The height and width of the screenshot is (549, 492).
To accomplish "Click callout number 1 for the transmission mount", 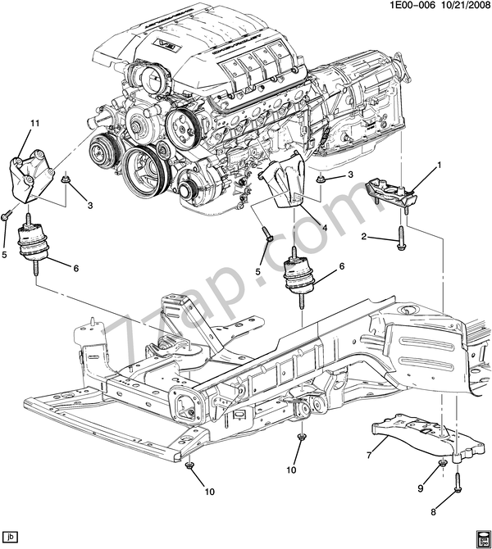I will tap(439, 166).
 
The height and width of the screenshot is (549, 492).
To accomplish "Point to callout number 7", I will tap(369, 452).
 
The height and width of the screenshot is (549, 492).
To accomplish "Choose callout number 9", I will tap(421, 489).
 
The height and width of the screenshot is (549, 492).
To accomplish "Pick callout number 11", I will tap(35, 124).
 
